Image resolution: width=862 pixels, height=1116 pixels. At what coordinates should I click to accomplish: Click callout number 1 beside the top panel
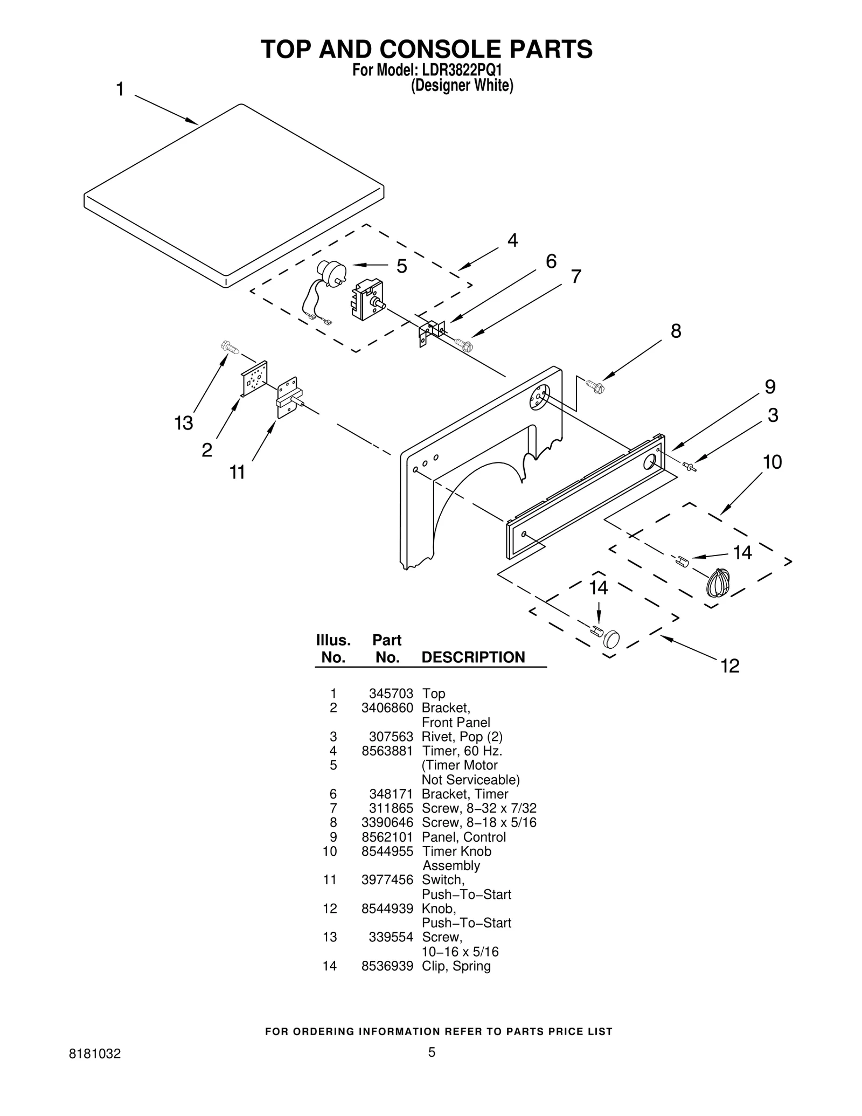pos(120,89)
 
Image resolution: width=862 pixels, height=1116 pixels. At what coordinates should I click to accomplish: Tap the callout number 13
pos(183,424)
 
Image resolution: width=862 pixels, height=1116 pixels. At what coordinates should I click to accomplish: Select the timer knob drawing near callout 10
pos(718,584)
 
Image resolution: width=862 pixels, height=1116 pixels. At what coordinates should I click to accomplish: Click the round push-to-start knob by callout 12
pos(611,639)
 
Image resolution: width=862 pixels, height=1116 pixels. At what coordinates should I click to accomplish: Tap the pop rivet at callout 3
pos(689,466)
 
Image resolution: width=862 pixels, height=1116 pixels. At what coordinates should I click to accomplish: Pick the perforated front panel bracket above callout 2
pos(254,379)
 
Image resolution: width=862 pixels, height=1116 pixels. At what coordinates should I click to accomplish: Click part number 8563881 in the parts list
pos(387,751)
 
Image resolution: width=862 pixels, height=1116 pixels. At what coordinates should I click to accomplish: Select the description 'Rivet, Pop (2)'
pos(462,737)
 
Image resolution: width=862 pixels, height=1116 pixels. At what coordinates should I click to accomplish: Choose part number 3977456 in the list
pos(387,880)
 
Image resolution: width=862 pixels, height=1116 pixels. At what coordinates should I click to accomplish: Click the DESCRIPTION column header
pos(472,657)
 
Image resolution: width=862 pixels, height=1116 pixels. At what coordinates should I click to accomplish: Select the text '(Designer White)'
pos(462,86)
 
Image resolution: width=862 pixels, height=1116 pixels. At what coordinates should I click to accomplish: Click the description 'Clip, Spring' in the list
pos(456,966)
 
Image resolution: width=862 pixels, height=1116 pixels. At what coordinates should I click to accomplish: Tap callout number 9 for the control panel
pos(770,387)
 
